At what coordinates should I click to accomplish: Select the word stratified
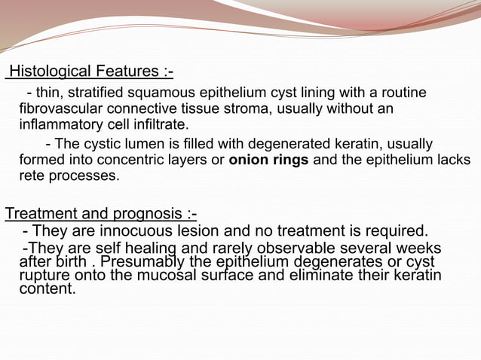101,93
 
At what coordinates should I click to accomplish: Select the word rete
32,176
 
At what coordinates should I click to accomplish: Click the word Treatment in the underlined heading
40,214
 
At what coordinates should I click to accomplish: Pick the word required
397,230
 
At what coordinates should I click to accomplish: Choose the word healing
150,249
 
